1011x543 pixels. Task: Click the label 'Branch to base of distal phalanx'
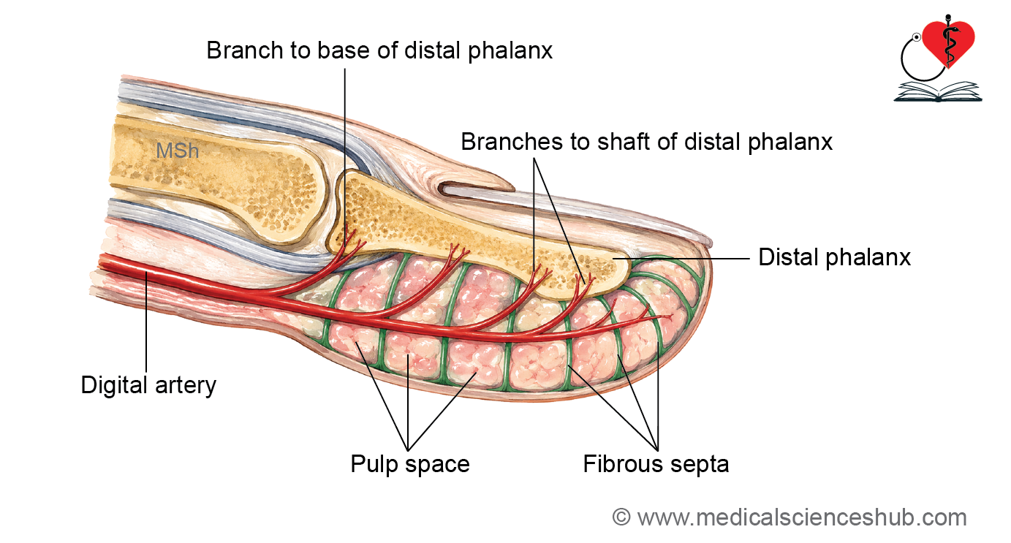[x=379, y=50]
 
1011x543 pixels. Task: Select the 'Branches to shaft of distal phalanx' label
[x=646, y=143]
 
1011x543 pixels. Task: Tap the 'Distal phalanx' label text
[x=835, y=258]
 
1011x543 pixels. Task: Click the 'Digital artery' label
[x=148, y=386]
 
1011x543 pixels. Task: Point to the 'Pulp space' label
[x=410, y=465]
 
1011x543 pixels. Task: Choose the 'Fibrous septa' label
[x=656, y=464]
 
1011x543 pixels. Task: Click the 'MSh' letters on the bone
[x=178, y=151]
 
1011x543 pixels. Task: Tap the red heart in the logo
[x=948, y=43]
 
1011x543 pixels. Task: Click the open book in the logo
[x=938, y=92]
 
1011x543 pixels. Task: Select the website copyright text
[x=790, y=517]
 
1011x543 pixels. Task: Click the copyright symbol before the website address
[x=621, y=517]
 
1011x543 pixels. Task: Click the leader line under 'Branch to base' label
[x=345, y=158]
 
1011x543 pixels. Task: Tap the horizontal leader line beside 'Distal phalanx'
[x=681, y=259]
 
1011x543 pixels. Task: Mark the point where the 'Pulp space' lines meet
[x=408, y=450]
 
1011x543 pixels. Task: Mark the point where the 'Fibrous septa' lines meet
[x=657, y=450]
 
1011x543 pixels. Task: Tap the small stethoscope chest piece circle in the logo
[x=916, y=37]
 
